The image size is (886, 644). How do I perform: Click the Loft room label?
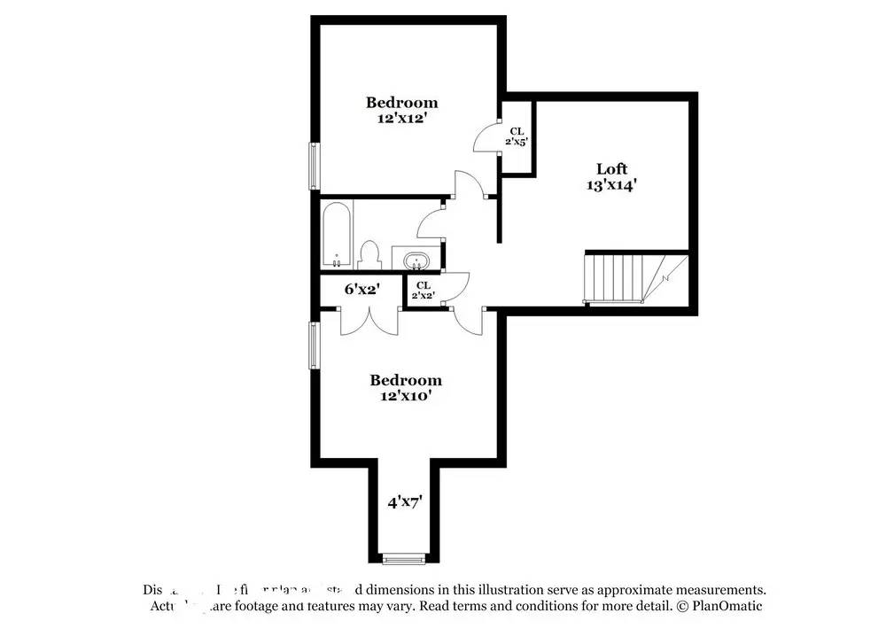click(x=611, y=168)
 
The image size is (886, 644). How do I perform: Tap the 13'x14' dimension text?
click(x=611, y=185)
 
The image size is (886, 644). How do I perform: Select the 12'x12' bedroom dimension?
click(x=402, y=118)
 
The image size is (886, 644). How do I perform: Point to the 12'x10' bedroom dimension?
click(x=405, y=396)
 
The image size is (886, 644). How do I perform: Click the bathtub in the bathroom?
click(x=338, y=234)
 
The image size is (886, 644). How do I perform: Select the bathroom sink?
click(x=415, y=261)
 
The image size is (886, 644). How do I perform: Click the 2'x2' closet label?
click(x=423, y=290)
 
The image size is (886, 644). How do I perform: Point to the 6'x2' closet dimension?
click(x=361, y=288)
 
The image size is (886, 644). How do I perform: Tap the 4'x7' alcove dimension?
click(x=404, y=501)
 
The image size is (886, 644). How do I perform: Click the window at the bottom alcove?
click(x=403, y=559)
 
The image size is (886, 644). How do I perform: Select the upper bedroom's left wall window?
click(x=313, y=165)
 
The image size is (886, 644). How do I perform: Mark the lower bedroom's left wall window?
click(x=313, y=345)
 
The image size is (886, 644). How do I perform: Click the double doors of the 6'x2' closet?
click(x=369, y=320)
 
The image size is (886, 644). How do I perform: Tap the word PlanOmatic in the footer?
click(x=727, y=606)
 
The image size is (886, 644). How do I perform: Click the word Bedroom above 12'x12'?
click(x=402, y=102)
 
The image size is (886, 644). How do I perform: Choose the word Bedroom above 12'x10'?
click(x=405, y=380)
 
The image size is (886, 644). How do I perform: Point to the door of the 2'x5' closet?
click(x=486, y=138)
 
